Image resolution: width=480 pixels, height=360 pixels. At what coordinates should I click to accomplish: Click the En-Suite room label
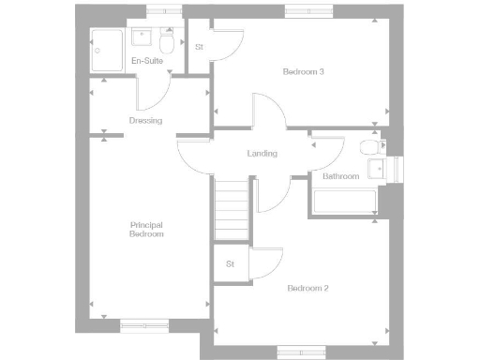pyautogui.click(x=149, y=61)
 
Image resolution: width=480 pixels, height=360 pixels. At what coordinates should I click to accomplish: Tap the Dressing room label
pyautogui.click(x=145, y=120)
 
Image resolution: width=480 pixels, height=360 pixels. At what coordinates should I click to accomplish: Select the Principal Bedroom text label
pyautogui.click(x=146, y=229)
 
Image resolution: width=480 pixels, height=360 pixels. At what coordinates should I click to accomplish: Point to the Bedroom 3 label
pyautogui.click(x=303, y=72)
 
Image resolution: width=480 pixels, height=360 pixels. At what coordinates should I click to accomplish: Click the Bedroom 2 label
pyautogui.click(x=307, y=288)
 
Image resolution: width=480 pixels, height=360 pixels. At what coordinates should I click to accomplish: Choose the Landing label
pyautogui.click(x=262, y=154)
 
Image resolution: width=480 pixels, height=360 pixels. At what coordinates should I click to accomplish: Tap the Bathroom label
pyautogui.click(x=340, y=176)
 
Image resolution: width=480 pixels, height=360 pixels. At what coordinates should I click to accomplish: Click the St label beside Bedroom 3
pyautogui.click(x=199, y=47)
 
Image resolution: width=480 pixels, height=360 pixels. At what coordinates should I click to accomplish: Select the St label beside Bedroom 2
pyautogui.click(x=230, y=263)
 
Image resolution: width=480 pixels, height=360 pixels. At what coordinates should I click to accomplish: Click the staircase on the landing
pyautogui.click(x=232, y=210)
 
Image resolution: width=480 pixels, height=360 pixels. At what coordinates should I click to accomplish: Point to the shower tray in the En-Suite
pyautogui.click(x=107, y=51)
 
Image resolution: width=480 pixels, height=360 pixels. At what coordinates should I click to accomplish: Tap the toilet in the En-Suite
pyautogui.click(x=167, y=42)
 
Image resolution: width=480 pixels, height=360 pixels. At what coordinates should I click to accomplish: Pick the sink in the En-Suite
pyautogui.click(x=143, y=37)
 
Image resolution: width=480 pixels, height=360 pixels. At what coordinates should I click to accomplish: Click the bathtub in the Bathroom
pyautogui.click(x=344, y=202)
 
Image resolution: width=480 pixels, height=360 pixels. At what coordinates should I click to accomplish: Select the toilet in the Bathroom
pyautogui.click(x=368, y=148)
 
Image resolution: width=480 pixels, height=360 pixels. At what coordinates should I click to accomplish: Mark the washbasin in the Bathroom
pyautogui.click(x=376, y=168)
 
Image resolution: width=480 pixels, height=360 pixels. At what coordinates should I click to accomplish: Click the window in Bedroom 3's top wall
pyautogui.click(x=308, y=11)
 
